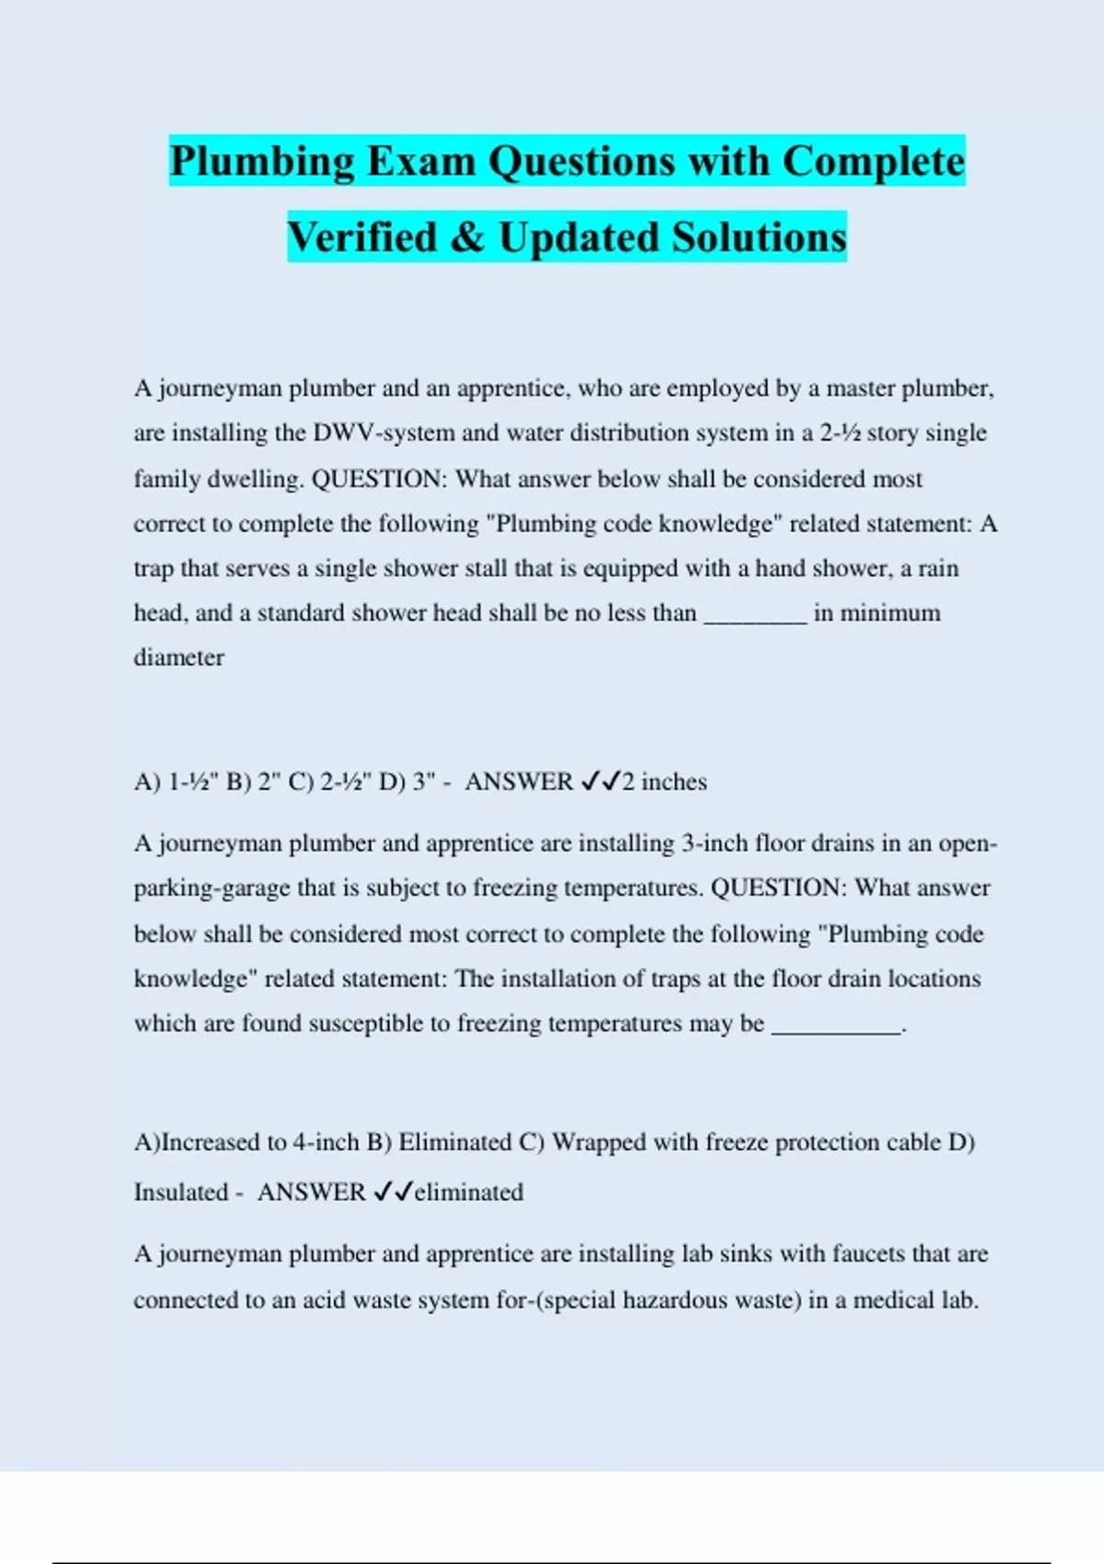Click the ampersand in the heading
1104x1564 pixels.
point(468,237)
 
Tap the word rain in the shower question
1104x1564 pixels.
point(938,569)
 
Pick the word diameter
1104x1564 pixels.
point(178,658)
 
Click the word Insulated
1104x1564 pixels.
point(180,1192)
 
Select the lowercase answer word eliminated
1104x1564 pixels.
point(468,1192)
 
